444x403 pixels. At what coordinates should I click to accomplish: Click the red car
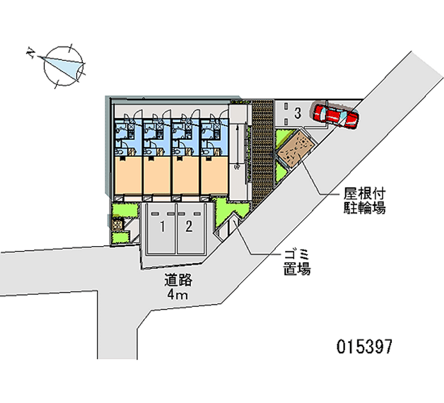[336, 115]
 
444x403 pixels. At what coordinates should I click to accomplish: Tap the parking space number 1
[163, 226]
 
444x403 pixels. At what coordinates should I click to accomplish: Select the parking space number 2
[189, 226]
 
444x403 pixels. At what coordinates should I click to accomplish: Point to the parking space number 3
[297, 114]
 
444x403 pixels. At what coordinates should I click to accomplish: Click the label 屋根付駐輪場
[364, 201]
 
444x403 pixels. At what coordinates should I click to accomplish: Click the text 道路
[176, 280]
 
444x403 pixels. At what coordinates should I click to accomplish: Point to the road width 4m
[177, 294]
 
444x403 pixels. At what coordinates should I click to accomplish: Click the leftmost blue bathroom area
[127, 137]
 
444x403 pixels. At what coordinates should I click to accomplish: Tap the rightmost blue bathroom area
[214, 137]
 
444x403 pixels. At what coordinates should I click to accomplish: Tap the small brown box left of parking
[118, 225]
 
